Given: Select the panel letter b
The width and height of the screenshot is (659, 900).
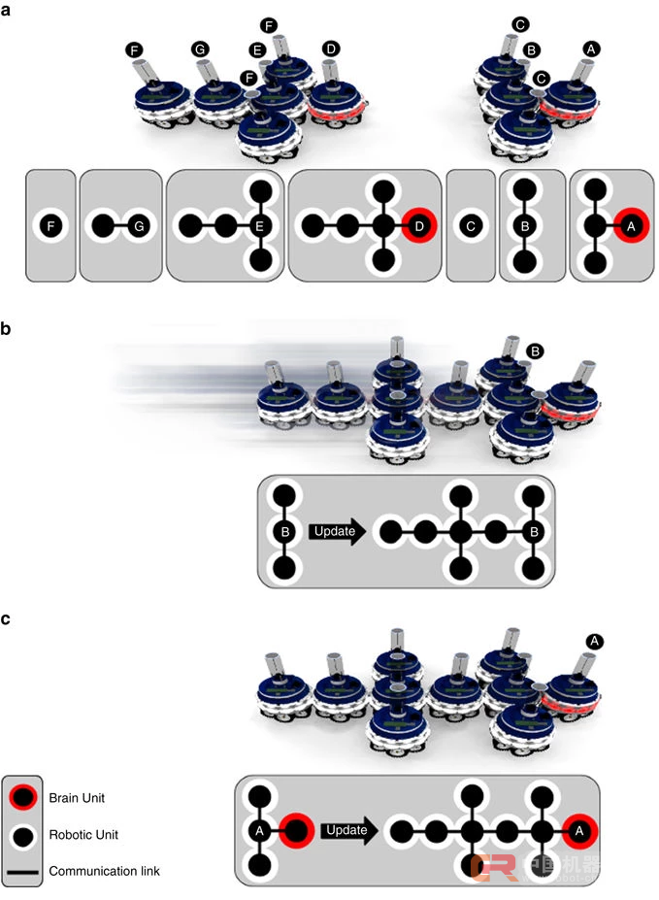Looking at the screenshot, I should coord(9,330).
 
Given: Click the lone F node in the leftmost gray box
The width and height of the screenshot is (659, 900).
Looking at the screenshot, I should coord(49,227).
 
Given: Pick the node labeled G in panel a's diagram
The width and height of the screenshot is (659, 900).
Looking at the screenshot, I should coord(139,227).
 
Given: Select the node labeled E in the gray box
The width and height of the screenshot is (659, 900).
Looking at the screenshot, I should coord(259,227).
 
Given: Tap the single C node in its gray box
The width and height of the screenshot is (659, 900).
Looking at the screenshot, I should coord(470,227).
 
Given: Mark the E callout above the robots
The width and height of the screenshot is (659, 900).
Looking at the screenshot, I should coord(257,50).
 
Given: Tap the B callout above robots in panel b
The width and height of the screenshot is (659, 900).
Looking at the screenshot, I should coord(533,351).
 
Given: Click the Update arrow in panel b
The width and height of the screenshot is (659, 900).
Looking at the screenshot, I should coord(338,531).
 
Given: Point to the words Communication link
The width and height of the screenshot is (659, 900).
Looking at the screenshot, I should coord(104,871).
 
